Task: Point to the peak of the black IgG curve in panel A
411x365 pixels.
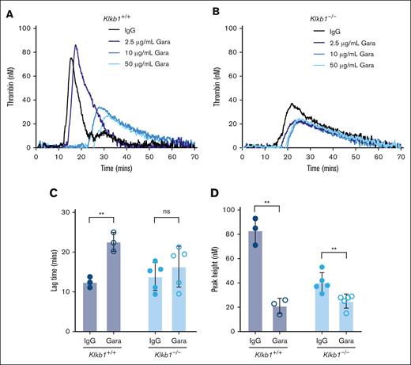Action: tap(71, 58)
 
